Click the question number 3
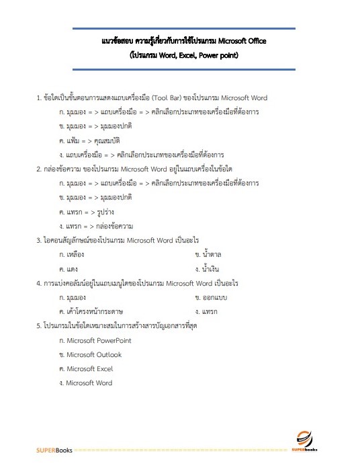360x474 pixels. tap(38, 240)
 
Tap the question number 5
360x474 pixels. tap(38, 326)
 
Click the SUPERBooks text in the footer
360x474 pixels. tap(54, 448)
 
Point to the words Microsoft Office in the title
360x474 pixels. tap(241, 42)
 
